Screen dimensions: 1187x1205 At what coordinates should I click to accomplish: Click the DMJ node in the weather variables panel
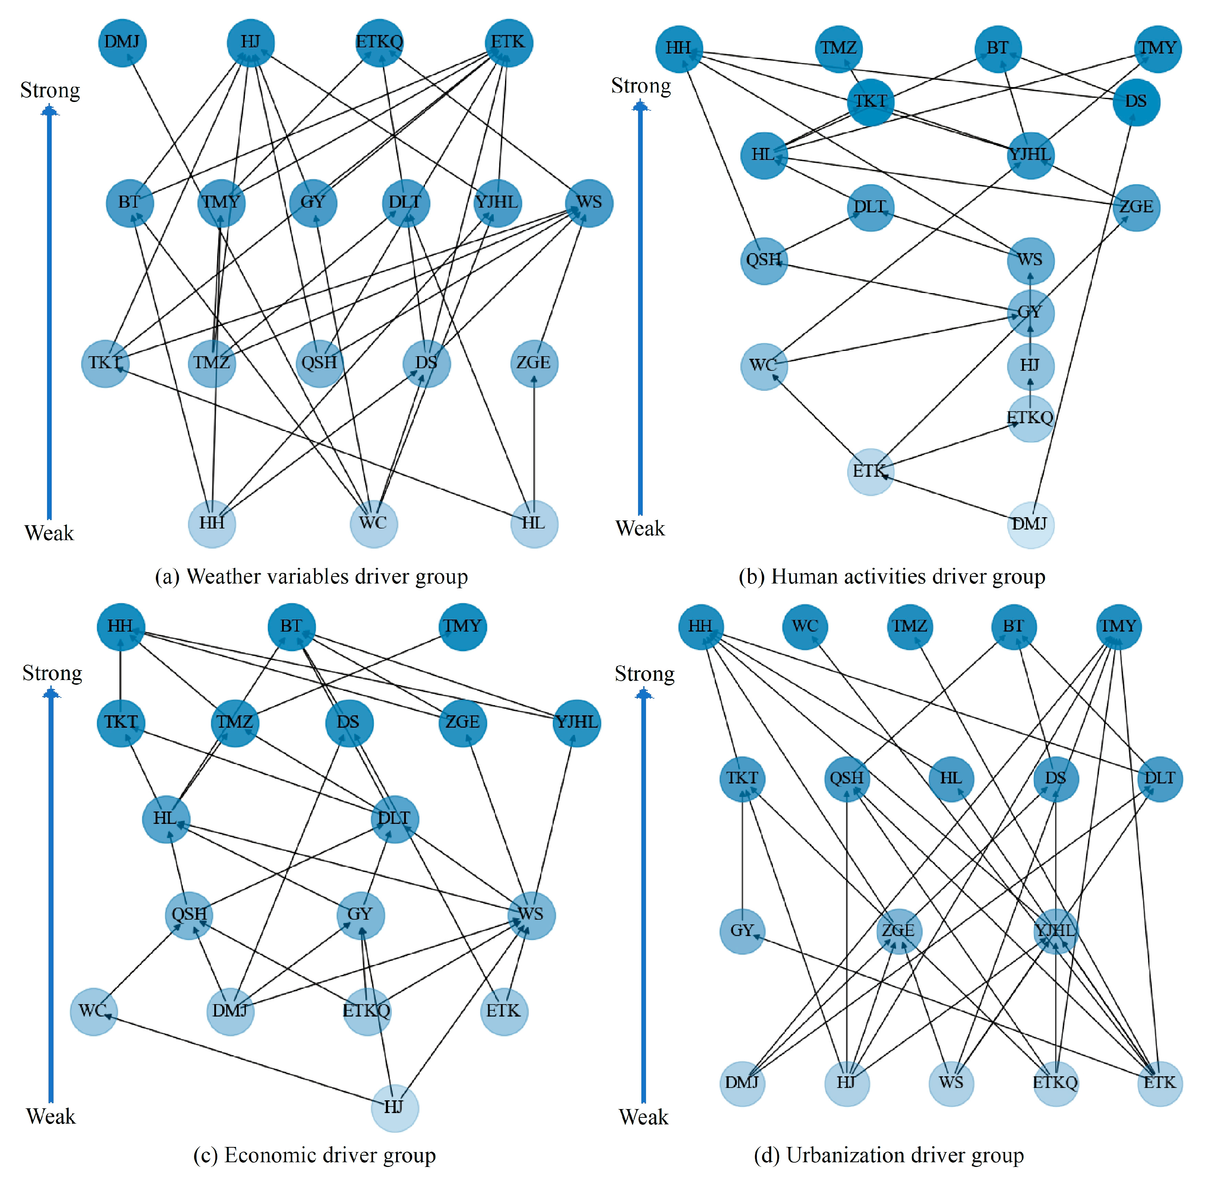(122, 42)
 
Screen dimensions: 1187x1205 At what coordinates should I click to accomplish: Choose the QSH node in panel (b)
(764, 260)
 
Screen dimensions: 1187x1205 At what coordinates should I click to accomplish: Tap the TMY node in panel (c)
(463, 626)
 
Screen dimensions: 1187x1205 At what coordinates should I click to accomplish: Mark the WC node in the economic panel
(94, 1011)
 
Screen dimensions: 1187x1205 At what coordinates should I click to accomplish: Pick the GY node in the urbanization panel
(742, 931)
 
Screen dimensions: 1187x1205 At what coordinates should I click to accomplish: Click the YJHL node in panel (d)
(1055, 931)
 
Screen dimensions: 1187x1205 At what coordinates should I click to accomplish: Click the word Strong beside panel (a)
(50, 90)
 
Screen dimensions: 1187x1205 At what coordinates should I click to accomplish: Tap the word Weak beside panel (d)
(643, 1117)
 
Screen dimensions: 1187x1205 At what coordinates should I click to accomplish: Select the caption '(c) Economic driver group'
(314, 1155)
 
